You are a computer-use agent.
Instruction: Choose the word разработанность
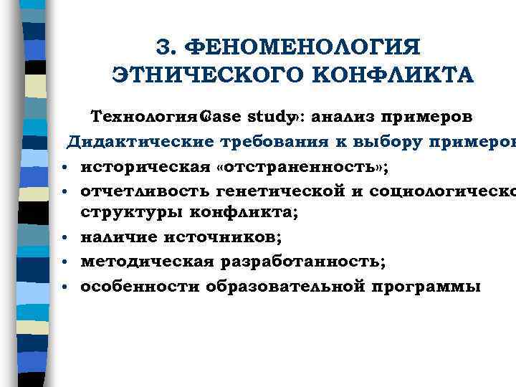click(302, 262)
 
